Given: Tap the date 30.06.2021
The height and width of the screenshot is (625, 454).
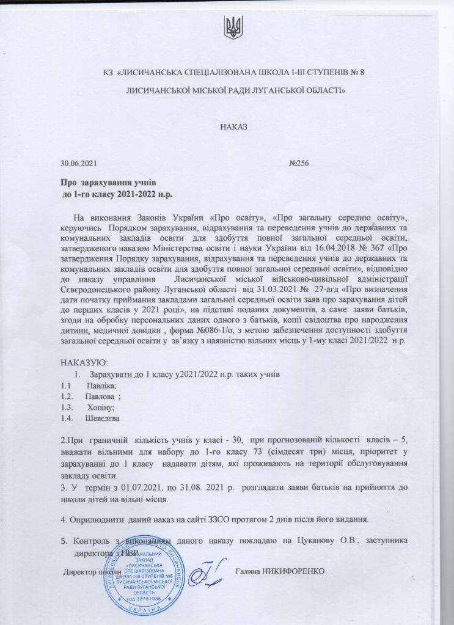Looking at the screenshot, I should (x=78, y=164).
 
